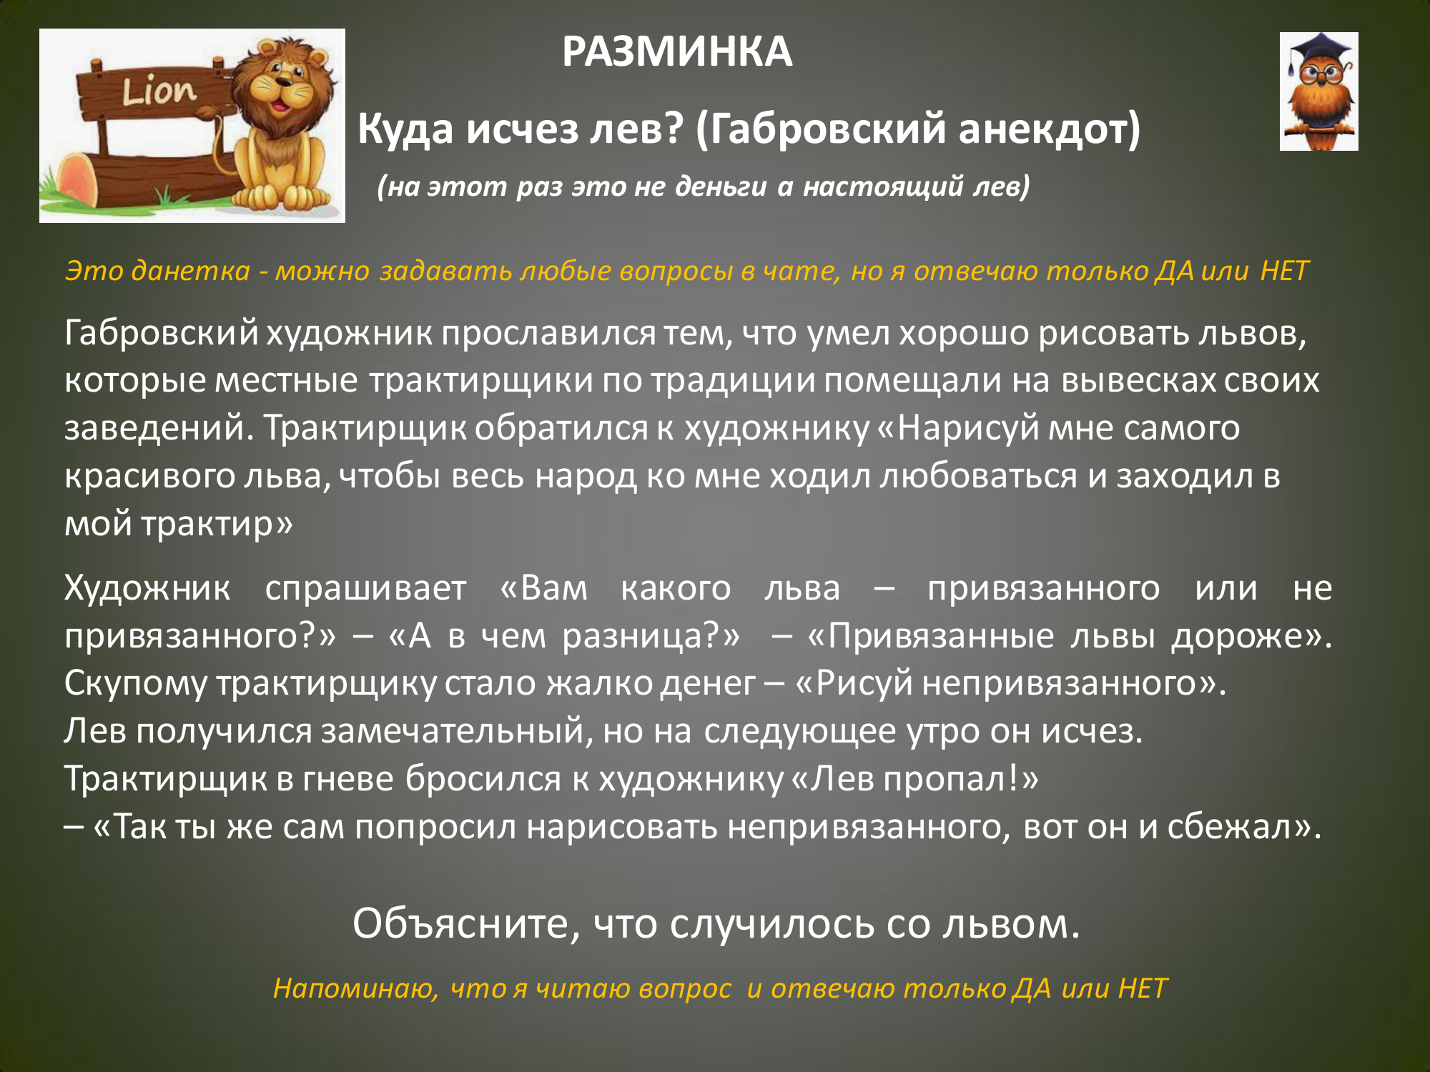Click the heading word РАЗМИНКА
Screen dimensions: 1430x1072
(x=677, y=52)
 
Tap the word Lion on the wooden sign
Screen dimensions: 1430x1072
(x=158, y=91)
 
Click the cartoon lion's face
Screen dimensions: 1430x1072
(x=286, y=85)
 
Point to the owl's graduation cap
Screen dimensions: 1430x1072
(x=1319, y=50)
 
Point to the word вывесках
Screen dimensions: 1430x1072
(x=1138, y=379)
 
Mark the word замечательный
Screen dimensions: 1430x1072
(x=457, y=731)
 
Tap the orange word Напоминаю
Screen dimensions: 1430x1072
(x=355, y=989)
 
